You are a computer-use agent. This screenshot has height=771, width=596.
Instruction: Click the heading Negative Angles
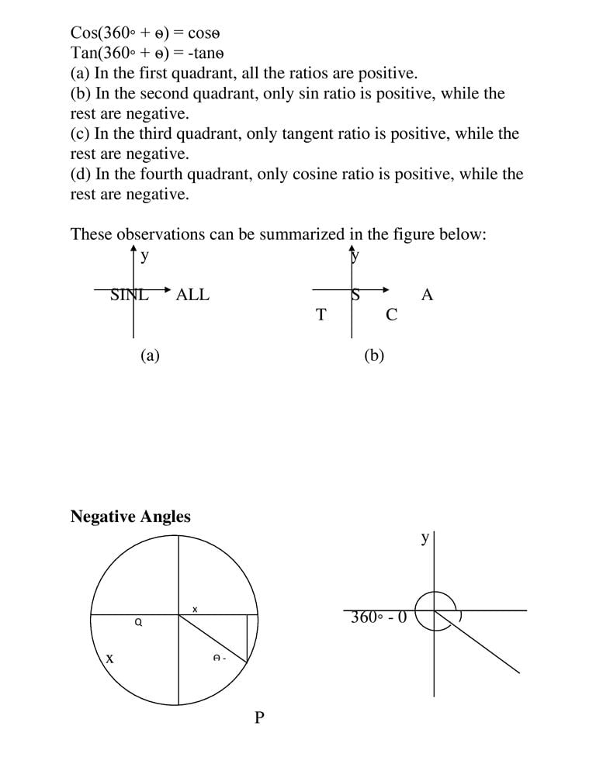click(130, 517)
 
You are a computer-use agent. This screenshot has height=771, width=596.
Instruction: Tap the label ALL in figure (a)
click(192, 295)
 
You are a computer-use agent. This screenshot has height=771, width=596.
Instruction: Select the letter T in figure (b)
click(321, 315)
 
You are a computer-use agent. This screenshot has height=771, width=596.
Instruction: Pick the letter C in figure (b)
click(391, 315)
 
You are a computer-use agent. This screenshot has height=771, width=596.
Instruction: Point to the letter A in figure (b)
click(426, 295)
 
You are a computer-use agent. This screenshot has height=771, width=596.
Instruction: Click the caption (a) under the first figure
click(150, 355)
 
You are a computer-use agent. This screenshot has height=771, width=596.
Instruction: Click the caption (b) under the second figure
click(374, 355)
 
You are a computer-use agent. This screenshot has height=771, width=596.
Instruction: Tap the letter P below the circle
click(259, 717)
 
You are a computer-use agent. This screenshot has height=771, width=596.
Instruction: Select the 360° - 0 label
click(378, 618)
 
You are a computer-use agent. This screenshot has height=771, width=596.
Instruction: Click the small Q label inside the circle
click(138, 621)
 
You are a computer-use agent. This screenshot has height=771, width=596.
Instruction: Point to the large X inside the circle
click(109, 659)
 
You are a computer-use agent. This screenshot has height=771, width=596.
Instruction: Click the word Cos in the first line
click(83, 33)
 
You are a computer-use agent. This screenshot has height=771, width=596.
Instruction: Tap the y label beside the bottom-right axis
click(424, 538)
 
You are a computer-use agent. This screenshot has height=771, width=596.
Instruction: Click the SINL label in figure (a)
click(130, 295)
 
